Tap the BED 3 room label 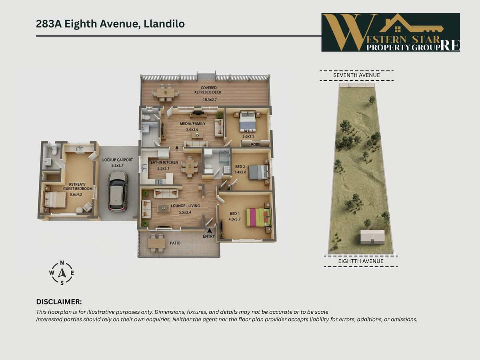pyautogui.click(x=248, y=131)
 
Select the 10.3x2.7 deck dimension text pyautogui.click(x=210, y=100)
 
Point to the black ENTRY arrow pyautogui.click(x=210, y=230)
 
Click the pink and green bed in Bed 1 pyautogui.click(x=259, y=217)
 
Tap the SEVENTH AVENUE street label pyautogui.click(x=356, y=75)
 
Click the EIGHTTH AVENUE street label pyautogui.click(x=361, y=261)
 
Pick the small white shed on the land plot pyautogui.click(x=372, y=237)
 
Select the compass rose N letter pyautogui.click(x=62, y=263)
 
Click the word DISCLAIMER pyautogui.click(x=59, y=302)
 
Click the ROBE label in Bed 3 pyautogui.click(x=256, y=144)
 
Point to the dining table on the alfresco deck pyautogui.click(x=166, y=93)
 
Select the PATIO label pyautogui.click(x=175, y=243)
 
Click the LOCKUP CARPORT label pyautogui.click(x=118, y=160)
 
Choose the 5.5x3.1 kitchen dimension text pyautogui.click(x=163, y=168)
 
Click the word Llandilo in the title pyautogui.click(x=164, y=24)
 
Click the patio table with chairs pyautogui.click(x=156, y=243)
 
